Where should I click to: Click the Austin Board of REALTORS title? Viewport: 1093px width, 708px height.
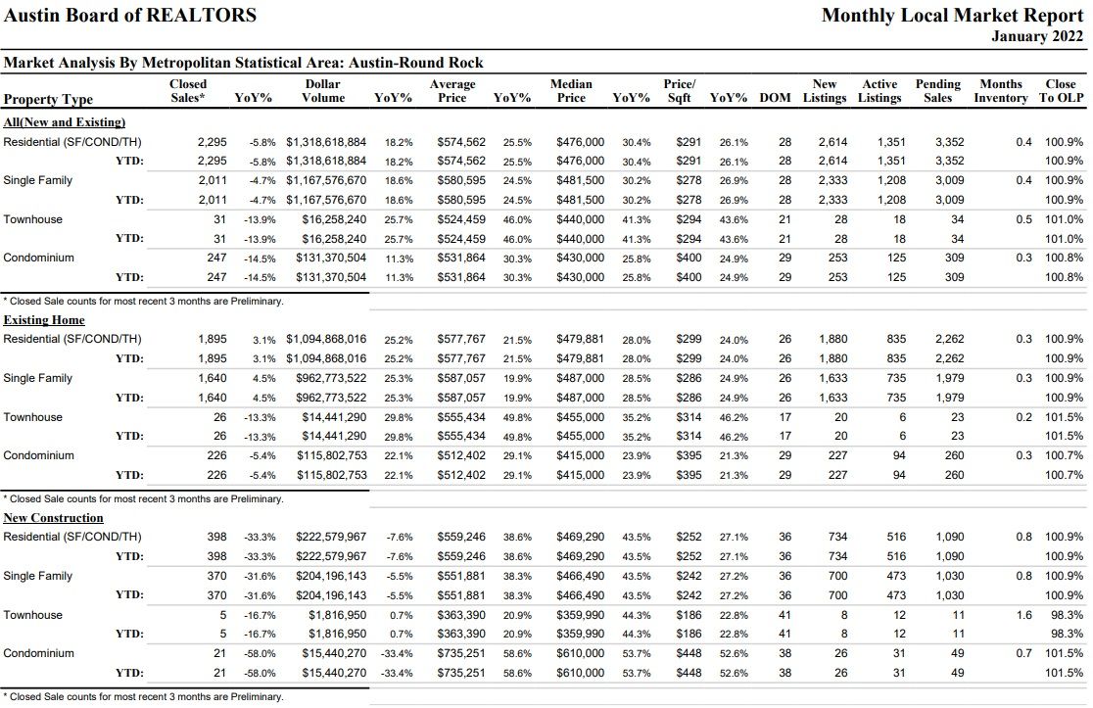[x=130, y=15]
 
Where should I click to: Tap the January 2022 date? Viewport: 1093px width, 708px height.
[x=1037, y=36]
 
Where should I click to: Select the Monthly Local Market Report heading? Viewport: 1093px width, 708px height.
[x=952, y=15]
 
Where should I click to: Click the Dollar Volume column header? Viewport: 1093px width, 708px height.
[x=323, y=91]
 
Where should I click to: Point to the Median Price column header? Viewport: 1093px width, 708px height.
[x=571, y=91]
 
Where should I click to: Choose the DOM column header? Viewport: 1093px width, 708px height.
[x=775, y=98]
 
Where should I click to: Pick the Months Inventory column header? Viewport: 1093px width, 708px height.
[x=1000, y=91]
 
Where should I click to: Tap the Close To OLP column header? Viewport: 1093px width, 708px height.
[x=1061, y=91]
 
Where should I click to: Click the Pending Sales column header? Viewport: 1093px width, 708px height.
[x=937, y=91]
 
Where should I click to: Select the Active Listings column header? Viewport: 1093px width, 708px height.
[x=879, y=91]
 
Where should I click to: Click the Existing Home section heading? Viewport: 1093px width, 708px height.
[x=44, y=320]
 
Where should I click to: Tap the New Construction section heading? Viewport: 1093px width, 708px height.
[x=53, y=518]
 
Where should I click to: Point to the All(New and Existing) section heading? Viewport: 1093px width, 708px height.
[x=64, y=122]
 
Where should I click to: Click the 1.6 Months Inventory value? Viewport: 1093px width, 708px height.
[x=1024, y=615]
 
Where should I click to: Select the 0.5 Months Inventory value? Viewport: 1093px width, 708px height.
[x=1024, y=218]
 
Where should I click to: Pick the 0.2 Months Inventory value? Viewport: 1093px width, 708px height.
[x=1024, y=417]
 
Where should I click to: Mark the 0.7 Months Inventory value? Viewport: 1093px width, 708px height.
[x=1024, y=653]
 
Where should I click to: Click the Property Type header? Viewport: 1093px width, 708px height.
[x=48, y=99]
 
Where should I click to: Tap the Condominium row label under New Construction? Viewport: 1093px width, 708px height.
[x=38, y=653]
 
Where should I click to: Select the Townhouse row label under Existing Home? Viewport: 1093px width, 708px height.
[x=32, y=417]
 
